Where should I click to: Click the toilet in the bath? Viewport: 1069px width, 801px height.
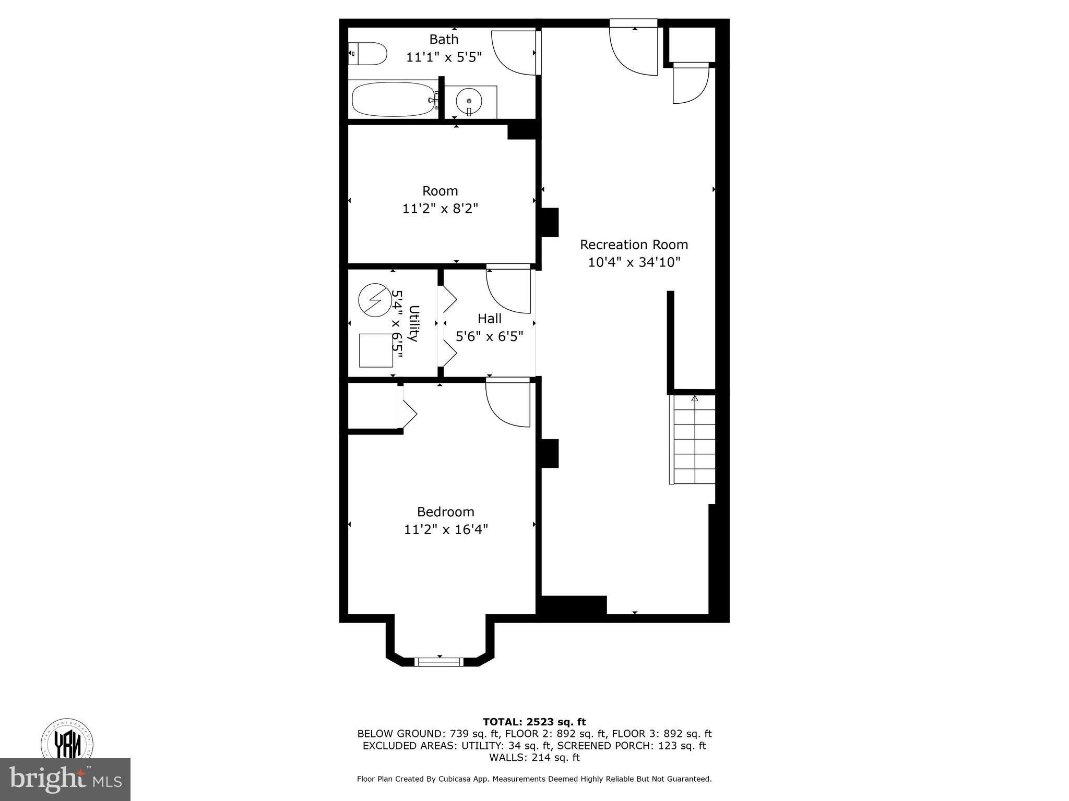coord(369,54)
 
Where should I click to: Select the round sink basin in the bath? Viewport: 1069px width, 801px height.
coord(469,101)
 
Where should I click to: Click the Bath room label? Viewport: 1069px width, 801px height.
coord(444,39)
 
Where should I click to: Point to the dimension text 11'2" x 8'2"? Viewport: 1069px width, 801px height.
coord(440,209)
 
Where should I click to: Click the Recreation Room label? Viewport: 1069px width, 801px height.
coord(634,245)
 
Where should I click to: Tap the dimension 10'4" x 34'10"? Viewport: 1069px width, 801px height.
coord(634,262)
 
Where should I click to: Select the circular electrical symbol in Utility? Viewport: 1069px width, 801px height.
coord(374,300)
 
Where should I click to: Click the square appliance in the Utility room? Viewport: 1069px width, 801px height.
coord(376,350)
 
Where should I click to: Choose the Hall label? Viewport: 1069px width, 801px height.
coord(489,319)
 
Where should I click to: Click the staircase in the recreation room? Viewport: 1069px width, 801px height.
coord(693,440)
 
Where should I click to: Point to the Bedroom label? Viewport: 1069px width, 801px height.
coord(445,512)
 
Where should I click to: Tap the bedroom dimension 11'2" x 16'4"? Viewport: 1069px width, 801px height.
coord(445,529)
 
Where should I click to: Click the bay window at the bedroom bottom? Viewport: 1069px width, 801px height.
coord(439,662)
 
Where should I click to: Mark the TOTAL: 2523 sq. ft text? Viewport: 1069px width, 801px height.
coord(534,722)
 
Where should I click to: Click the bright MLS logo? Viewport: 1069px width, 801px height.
coord(65,779)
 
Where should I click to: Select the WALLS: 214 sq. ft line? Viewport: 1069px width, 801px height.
coord(534,757)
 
